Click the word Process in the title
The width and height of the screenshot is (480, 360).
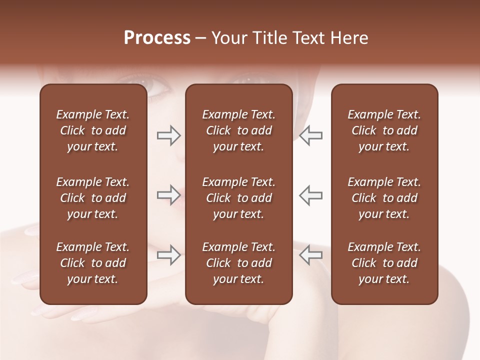[x=157, y=38]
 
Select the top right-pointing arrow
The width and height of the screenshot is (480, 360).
[x=168, y=135]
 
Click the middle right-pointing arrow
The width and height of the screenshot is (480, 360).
[x=168, y=195]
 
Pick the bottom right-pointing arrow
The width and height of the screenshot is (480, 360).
[x=168, y=255]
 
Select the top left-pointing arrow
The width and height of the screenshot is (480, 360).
[x=310, y=135]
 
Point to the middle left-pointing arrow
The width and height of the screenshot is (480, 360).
[x=310, y=195]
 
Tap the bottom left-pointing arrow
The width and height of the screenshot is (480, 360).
[x=310, y=255]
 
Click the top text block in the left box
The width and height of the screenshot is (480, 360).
[x=93, y=130]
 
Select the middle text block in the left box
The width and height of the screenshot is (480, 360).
[x=93, y=198]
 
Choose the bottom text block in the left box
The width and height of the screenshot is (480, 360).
[x=93, y=263]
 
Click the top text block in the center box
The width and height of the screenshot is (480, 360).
[x=238, y=130]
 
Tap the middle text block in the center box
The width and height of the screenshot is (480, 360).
[x=238, y=198]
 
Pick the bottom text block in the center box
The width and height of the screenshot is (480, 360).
[x=238, y=263]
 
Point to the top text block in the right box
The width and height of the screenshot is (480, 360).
[x=384, y=130]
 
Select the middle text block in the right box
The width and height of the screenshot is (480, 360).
[x=384, y=198]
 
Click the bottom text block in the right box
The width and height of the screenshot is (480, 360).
[x=384, y=263]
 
